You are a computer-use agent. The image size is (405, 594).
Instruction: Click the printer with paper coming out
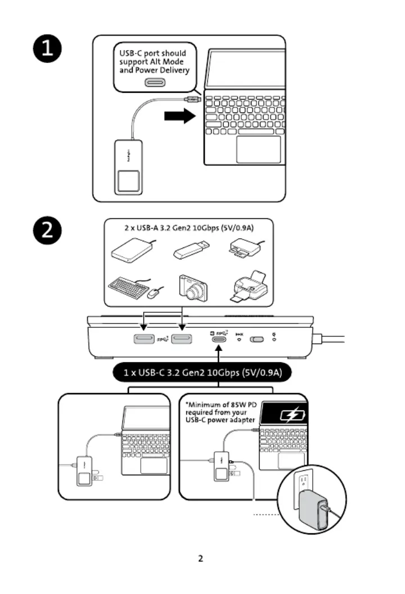pos(249,287)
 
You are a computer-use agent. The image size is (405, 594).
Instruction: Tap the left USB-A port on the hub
pos(143,339)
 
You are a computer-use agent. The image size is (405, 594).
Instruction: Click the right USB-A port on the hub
pos(182,339)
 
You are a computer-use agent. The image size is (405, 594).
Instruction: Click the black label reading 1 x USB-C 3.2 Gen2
pos(202,372)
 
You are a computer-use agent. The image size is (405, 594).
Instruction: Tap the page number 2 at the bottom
pos(201,559)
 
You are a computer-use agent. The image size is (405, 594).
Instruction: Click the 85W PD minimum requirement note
pos(220,412)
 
